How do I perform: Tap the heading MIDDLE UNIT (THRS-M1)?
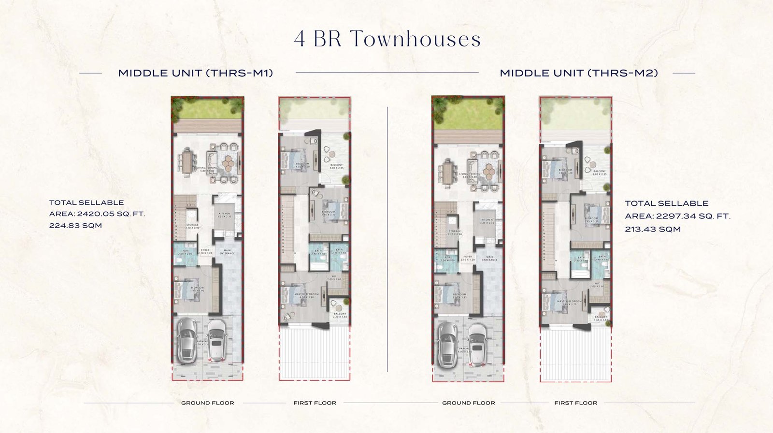[x=196, y=73]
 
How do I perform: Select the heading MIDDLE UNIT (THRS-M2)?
[x=579, y=73]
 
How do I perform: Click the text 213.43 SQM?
[x=653, y=229]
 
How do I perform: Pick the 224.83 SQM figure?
[x=75, y=225]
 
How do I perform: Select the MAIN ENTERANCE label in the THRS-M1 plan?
[x=227, y=252]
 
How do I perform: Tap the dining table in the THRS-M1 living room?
[x=186, y=162]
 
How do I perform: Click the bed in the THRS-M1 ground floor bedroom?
[x=184, y=291]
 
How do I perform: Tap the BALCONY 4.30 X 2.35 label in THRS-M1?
[x=336, y=166]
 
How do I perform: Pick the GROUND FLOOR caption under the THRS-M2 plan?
[x=468, y=403]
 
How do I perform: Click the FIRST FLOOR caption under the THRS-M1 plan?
[x=315, y=403]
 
